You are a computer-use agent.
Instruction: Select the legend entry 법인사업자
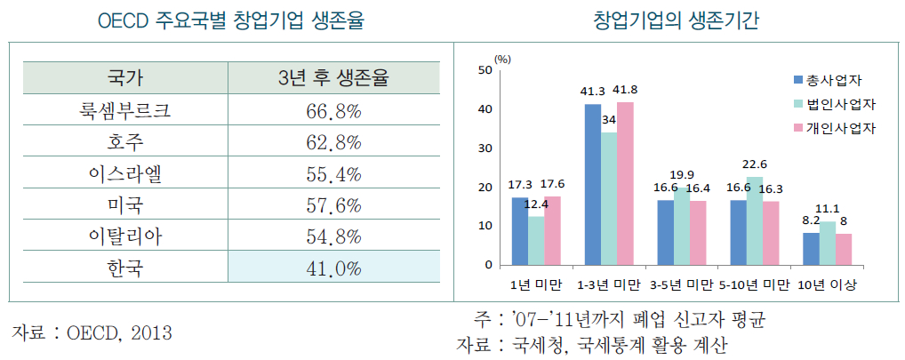point(840,103)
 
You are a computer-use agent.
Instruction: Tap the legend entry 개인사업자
point(840,128)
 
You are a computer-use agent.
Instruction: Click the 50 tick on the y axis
point(485,69)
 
